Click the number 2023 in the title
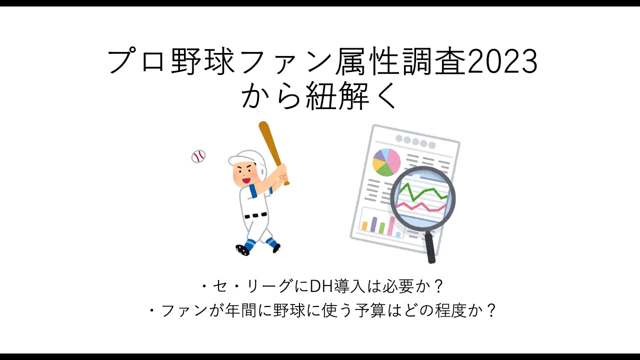502,61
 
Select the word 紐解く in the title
351,95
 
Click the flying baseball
198,156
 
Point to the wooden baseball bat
273,153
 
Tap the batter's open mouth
246,180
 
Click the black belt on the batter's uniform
255,215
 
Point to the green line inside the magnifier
423,192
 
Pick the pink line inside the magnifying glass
420,206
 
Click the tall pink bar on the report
391,225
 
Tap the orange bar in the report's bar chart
364,225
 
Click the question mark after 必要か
437,286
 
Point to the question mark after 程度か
490,310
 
